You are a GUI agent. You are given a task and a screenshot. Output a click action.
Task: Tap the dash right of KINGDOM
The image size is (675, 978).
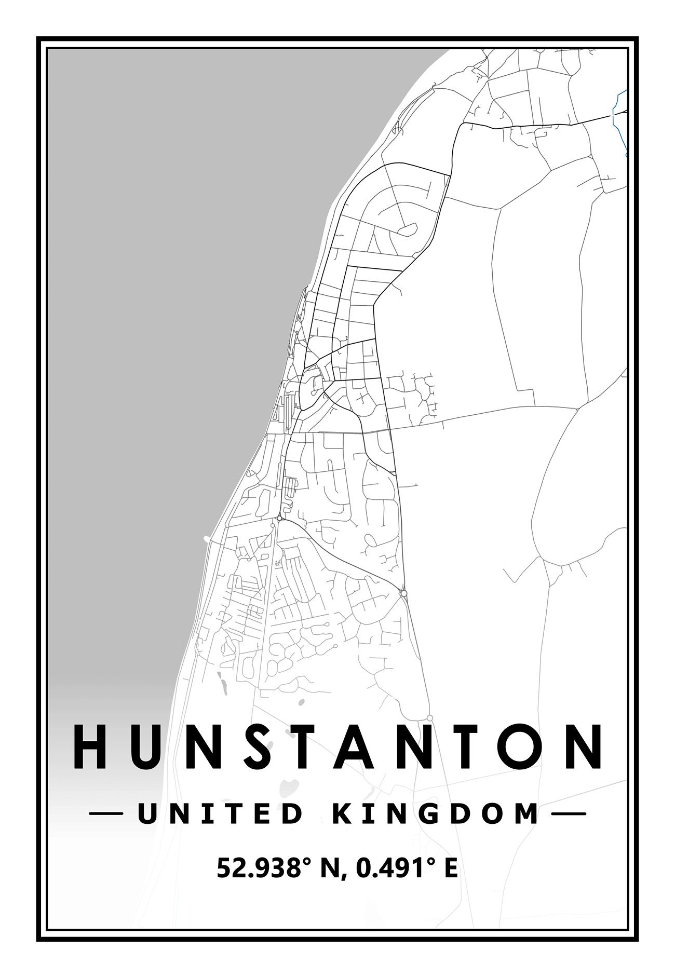(x=568, y=814)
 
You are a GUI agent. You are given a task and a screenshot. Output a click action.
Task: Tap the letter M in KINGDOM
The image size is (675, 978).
(x=526, y=813)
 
